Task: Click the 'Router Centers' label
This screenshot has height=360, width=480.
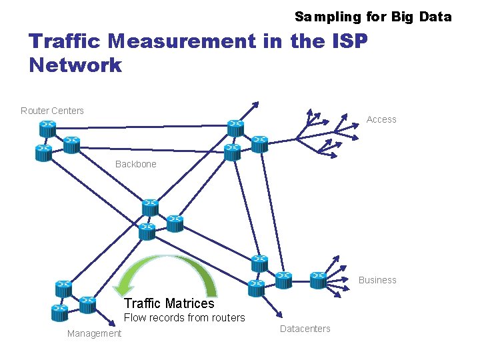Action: click(52, 111)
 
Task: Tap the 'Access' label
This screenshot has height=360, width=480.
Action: click(381, 119)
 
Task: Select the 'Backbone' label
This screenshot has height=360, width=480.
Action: click(135, 164)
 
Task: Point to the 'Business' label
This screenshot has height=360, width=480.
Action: click(377, 280)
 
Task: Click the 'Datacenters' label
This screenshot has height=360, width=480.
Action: click(305, 329)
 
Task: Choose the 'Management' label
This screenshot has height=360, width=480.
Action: click(94, 333)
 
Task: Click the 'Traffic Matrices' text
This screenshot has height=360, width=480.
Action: click(169, 304)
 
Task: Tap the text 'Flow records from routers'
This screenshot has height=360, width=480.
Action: click(185, 318)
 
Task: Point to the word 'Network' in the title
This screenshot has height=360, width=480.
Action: click(75, 65)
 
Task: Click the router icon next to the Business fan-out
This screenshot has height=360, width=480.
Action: click(319, 279)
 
